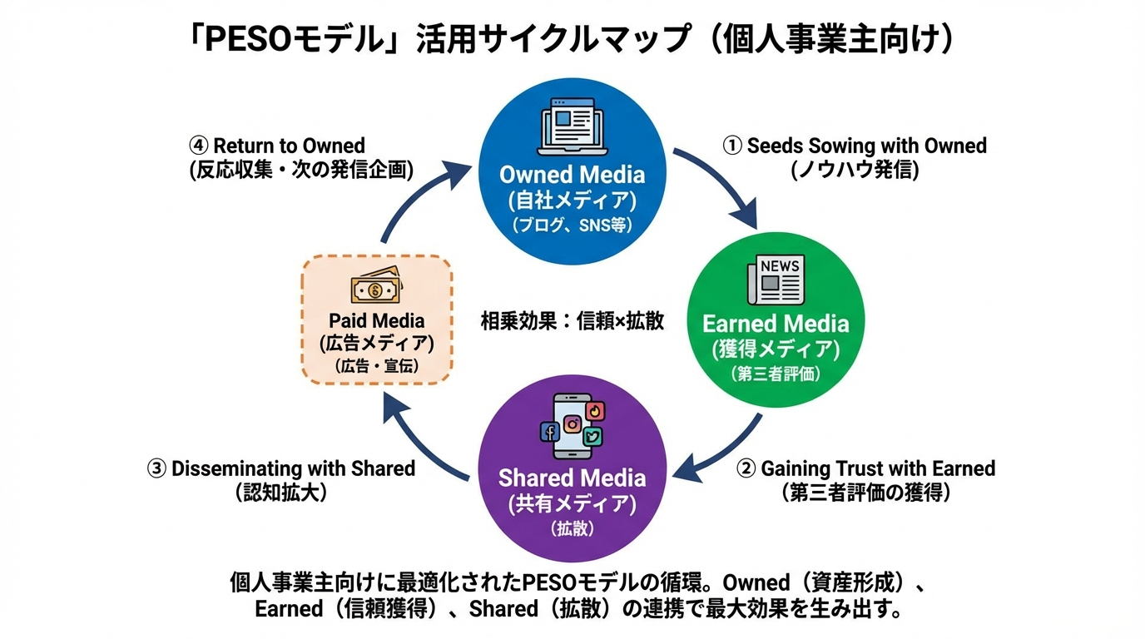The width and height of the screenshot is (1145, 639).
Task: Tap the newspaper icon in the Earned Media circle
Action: pyautogui.click(x=775, y=280)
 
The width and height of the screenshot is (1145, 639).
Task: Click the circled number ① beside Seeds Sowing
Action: pyautogui.click(x=731, y=146)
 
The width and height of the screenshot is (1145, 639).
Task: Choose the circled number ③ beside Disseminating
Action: pyautogui.click(x=156, y=469)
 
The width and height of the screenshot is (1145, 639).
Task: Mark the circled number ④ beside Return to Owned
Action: pyautogui.click(x=198, y=146)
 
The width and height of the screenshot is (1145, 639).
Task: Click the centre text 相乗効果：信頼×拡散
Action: pyautogui.click(x=572, y=321)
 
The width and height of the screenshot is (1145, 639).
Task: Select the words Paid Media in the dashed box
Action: pyautogui.click(x=376, y=321)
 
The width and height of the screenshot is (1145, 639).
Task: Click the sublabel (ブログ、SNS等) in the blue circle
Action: pyautogui.click(x=572, y=225)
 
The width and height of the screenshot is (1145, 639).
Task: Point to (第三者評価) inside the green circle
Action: pyautogui.click(x=775, y=374)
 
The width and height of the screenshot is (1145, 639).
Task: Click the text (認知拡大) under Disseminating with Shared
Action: pyautogui.click(x=280, y=493)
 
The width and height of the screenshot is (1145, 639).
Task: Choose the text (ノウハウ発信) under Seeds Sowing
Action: pyautogui.click(x=854, y=170)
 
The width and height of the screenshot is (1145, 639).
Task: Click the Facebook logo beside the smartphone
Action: pyautogui.click(x=549, y=431)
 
